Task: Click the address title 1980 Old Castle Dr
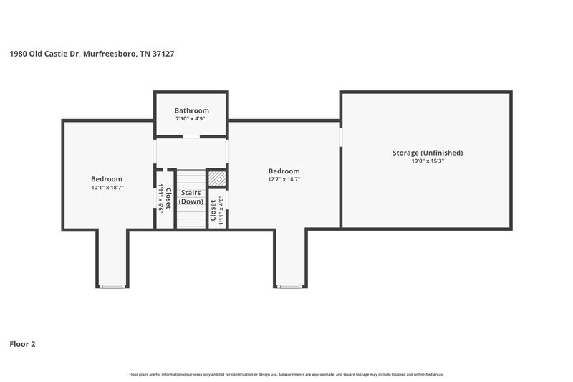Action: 92,53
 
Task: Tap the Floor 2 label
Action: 22,344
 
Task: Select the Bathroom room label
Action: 192,110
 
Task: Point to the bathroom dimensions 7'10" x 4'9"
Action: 192,119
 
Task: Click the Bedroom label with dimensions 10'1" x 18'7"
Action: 106,178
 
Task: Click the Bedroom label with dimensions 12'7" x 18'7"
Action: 284,171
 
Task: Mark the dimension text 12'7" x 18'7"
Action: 284,180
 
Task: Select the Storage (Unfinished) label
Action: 427,153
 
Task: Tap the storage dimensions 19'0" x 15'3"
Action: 427,161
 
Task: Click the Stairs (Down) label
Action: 191,197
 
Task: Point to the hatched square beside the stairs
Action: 216,178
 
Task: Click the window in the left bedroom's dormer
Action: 112,287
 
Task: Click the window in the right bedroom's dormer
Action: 289,287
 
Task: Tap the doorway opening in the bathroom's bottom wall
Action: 191,137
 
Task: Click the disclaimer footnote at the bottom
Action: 286,374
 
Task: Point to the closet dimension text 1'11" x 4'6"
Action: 221,211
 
